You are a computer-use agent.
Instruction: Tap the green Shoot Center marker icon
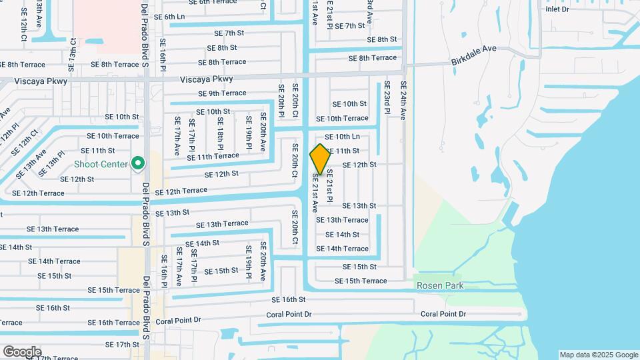coord(138,163)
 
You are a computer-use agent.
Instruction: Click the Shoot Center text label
coord(101,165)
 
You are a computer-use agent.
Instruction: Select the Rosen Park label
coord(440,286)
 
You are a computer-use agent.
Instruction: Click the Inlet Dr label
coord(557,9)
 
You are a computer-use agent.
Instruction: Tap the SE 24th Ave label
coord(403,100)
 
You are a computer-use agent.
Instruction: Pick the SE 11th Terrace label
coord(213,156)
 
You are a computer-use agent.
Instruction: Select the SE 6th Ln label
coord(169,17)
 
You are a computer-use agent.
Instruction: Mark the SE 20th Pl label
coord(282,100)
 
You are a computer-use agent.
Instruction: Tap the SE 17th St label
coord(122,345)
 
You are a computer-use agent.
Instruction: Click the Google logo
coord(21,352)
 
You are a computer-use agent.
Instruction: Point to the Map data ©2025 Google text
coord(599,355)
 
